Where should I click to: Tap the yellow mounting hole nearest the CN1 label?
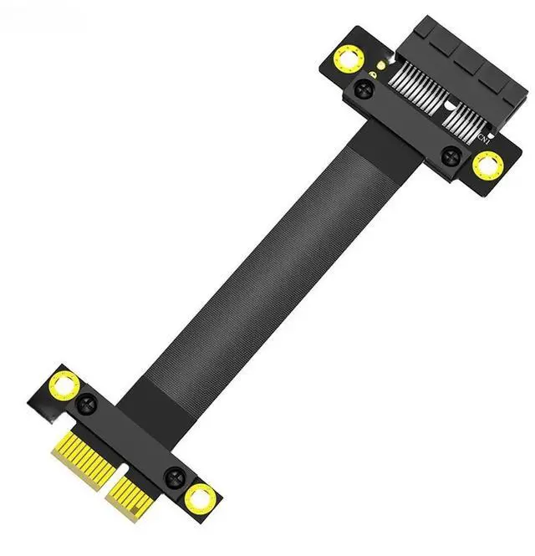point(486,166)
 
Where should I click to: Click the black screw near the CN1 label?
point(451,155)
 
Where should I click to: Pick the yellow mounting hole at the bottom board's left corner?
point(64,385)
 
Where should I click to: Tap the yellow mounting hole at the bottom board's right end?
point(200,499)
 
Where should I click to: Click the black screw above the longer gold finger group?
point(87,406)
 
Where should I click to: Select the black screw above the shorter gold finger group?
point(174,478)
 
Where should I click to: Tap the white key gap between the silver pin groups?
point(449,106)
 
